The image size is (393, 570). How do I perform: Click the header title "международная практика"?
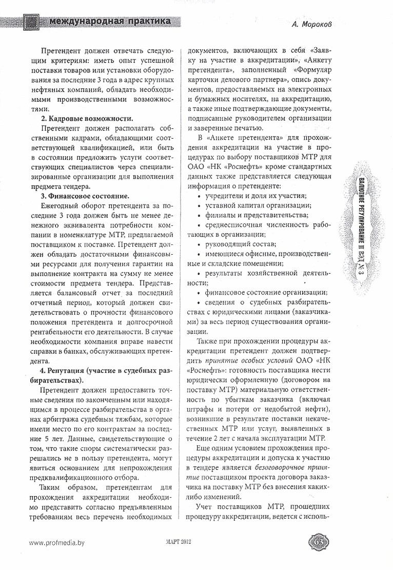click(x=110, y=22)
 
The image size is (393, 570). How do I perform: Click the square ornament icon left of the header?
click(x=32, y=22)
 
